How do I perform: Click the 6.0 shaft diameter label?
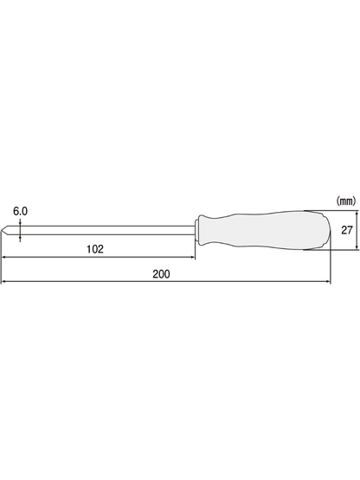pyautogui.click(x=20, y=211)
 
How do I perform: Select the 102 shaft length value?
pyautogui.click(x=95, y=249)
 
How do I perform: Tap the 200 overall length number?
pyautogui.click(x=162, y=274)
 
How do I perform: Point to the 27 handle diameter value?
pyautogui.click(x=347, y=230)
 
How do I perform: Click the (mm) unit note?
pyautogui.click(x=346, y=202)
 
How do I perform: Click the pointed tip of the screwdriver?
pyautogui.click(x=2, y=231)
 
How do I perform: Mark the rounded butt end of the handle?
pyautogui.click(x=326, y=230)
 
